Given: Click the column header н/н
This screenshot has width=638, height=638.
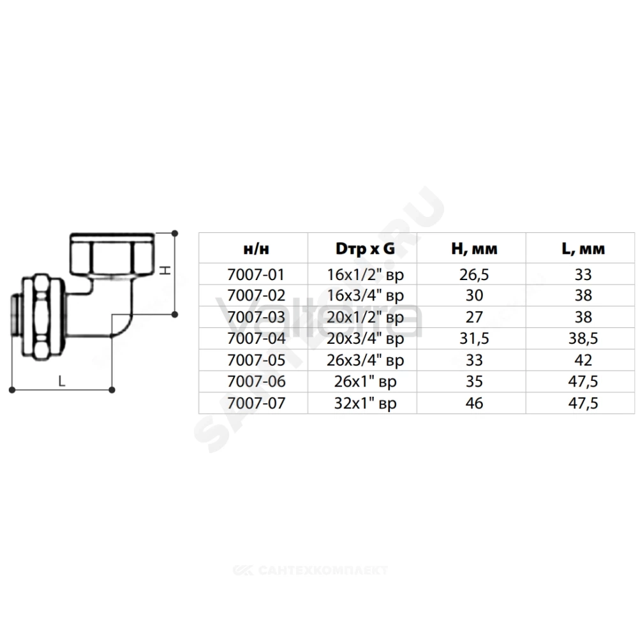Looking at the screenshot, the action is [256, 249].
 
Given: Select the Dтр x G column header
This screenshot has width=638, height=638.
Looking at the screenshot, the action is [365, 249].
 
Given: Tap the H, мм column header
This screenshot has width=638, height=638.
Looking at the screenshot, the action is [474, 249].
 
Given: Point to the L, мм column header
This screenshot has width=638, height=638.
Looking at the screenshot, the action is [583, 249].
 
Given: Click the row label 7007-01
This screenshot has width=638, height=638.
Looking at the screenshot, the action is [256, 274].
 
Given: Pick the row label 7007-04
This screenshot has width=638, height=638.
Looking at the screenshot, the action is [256, 339].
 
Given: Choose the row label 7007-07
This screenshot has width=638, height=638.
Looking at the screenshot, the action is [256, 403].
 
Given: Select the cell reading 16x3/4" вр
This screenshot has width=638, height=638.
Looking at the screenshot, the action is [365, 296].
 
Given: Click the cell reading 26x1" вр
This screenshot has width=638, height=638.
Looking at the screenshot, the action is [365, 382].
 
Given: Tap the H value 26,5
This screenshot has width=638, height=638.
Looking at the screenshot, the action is [474, 274].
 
